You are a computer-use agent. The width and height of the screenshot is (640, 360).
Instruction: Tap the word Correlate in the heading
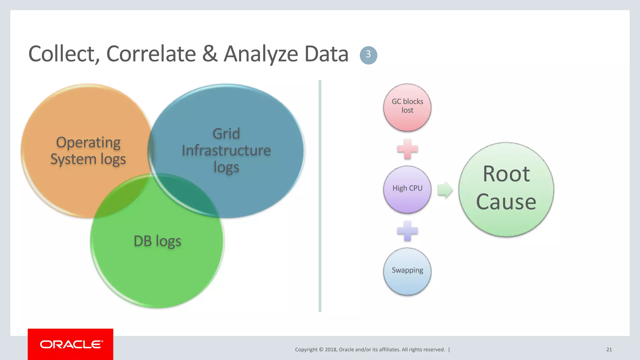pos(151,54)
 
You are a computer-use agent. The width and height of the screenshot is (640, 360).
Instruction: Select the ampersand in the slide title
pos(209,54)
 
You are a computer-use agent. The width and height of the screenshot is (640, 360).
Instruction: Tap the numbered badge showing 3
pos(368,55)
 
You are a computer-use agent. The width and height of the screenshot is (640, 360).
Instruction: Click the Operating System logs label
pos(88,151)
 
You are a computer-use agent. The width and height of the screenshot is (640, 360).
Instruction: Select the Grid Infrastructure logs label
pos(226,150)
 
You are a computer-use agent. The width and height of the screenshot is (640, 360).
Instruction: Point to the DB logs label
pos(157,241)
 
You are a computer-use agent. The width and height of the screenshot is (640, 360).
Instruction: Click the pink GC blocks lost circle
pos(407,107)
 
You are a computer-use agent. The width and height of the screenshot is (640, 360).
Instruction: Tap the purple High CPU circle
pos(407,189)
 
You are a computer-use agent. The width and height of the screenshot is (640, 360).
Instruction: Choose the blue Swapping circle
pos(407,271)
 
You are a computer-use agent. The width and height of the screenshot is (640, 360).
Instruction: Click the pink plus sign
pos(407,149)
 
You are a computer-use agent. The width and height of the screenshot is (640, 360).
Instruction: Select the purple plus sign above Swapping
pos(407,231)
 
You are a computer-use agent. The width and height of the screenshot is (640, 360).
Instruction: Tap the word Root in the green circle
pos(506,174)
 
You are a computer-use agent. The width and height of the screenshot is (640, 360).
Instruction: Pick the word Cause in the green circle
pos(506,202)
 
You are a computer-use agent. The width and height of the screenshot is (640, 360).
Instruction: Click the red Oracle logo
pos(71,344)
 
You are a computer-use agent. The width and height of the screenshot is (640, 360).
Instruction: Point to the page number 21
pos(609,350)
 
